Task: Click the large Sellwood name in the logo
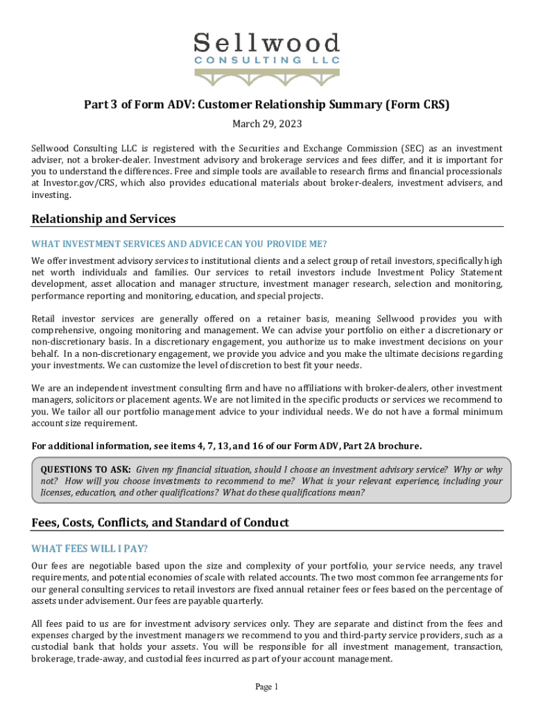(266, 43)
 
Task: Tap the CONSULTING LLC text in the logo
(266, 60)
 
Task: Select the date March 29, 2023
(267, 124)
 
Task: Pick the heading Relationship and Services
(103, 219)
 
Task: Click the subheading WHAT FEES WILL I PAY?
(89, 549)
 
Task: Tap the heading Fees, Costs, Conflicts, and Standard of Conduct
(160, 522)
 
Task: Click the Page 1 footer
(266, 687)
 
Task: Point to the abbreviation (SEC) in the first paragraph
(411, 149)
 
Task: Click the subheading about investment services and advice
(179, 244)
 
